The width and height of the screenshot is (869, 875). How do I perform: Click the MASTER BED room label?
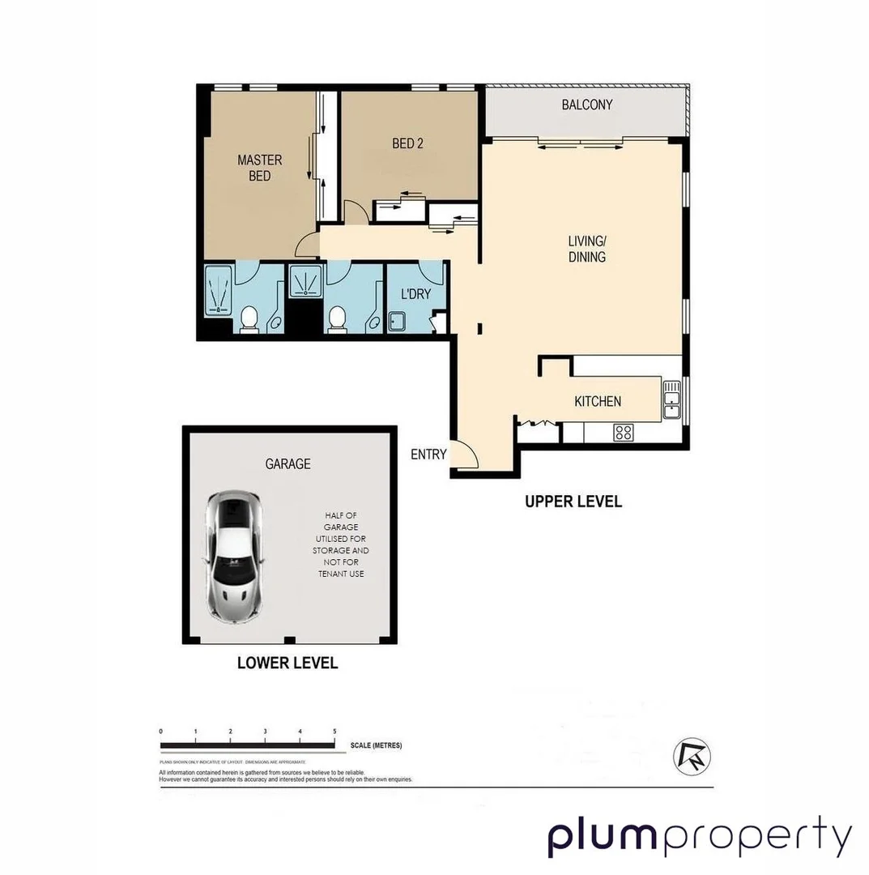[x=259, y=168]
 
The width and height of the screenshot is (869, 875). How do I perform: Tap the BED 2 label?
[x=407, y=143]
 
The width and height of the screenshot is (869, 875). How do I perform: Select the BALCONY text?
[x=586, y=105]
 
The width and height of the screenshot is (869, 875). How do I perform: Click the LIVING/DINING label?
[x=586, y=249]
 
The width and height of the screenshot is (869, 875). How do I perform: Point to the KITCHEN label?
[x=598, y=401]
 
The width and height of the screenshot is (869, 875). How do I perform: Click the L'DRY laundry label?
[x=416, y=294]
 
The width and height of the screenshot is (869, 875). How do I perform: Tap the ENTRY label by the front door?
[x=428, y=455]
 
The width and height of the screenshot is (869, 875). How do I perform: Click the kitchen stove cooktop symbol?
[x=623, y=433]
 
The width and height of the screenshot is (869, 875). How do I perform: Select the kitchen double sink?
[x=671, y=400]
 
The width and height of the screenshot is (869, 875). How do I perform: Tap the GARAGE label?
[x=288, y=464]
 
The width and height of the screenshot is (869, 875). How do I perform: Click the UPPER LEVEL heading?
[x=573, y=502]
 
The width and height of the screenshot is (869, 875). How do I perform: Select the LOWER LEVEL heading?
[x=287, y=663]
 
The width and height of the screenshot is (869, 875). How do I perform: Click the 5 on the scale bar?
[x=334, y=732]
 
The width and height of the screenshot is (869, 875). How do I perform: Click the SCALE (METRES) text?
[x=376, y=745]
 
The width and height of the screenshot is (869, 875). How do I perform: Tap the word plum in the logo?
[x=603, y=836]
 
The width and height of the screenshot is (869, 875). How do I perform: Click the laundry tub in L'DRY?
[x=398, y=322]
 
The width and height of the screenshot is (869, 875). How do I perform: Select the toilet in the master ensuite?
[x=249, y=319]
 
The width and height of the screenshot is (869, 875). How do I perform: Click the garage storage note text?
[x=341, y=544]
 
